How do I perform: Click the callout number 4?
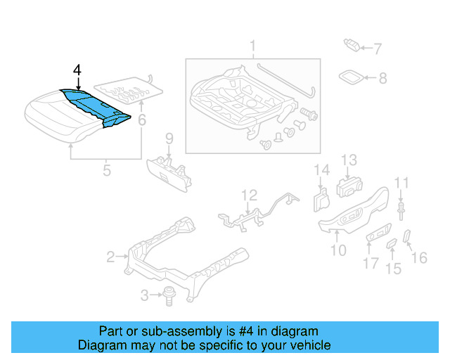77,70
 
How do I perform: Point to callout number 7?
377,49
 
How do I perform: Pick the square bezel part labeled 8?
352,77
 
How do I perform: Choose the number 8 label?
382,79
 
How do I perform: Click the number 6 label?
142,121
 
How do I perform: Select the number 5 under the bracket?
107,169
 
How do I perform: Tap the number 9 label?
169,137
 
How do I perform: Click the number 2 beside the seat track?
110,258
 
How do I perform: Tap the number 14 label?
321,169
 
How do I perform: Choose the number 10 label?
338,250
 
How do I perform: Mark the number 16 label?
418,258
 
